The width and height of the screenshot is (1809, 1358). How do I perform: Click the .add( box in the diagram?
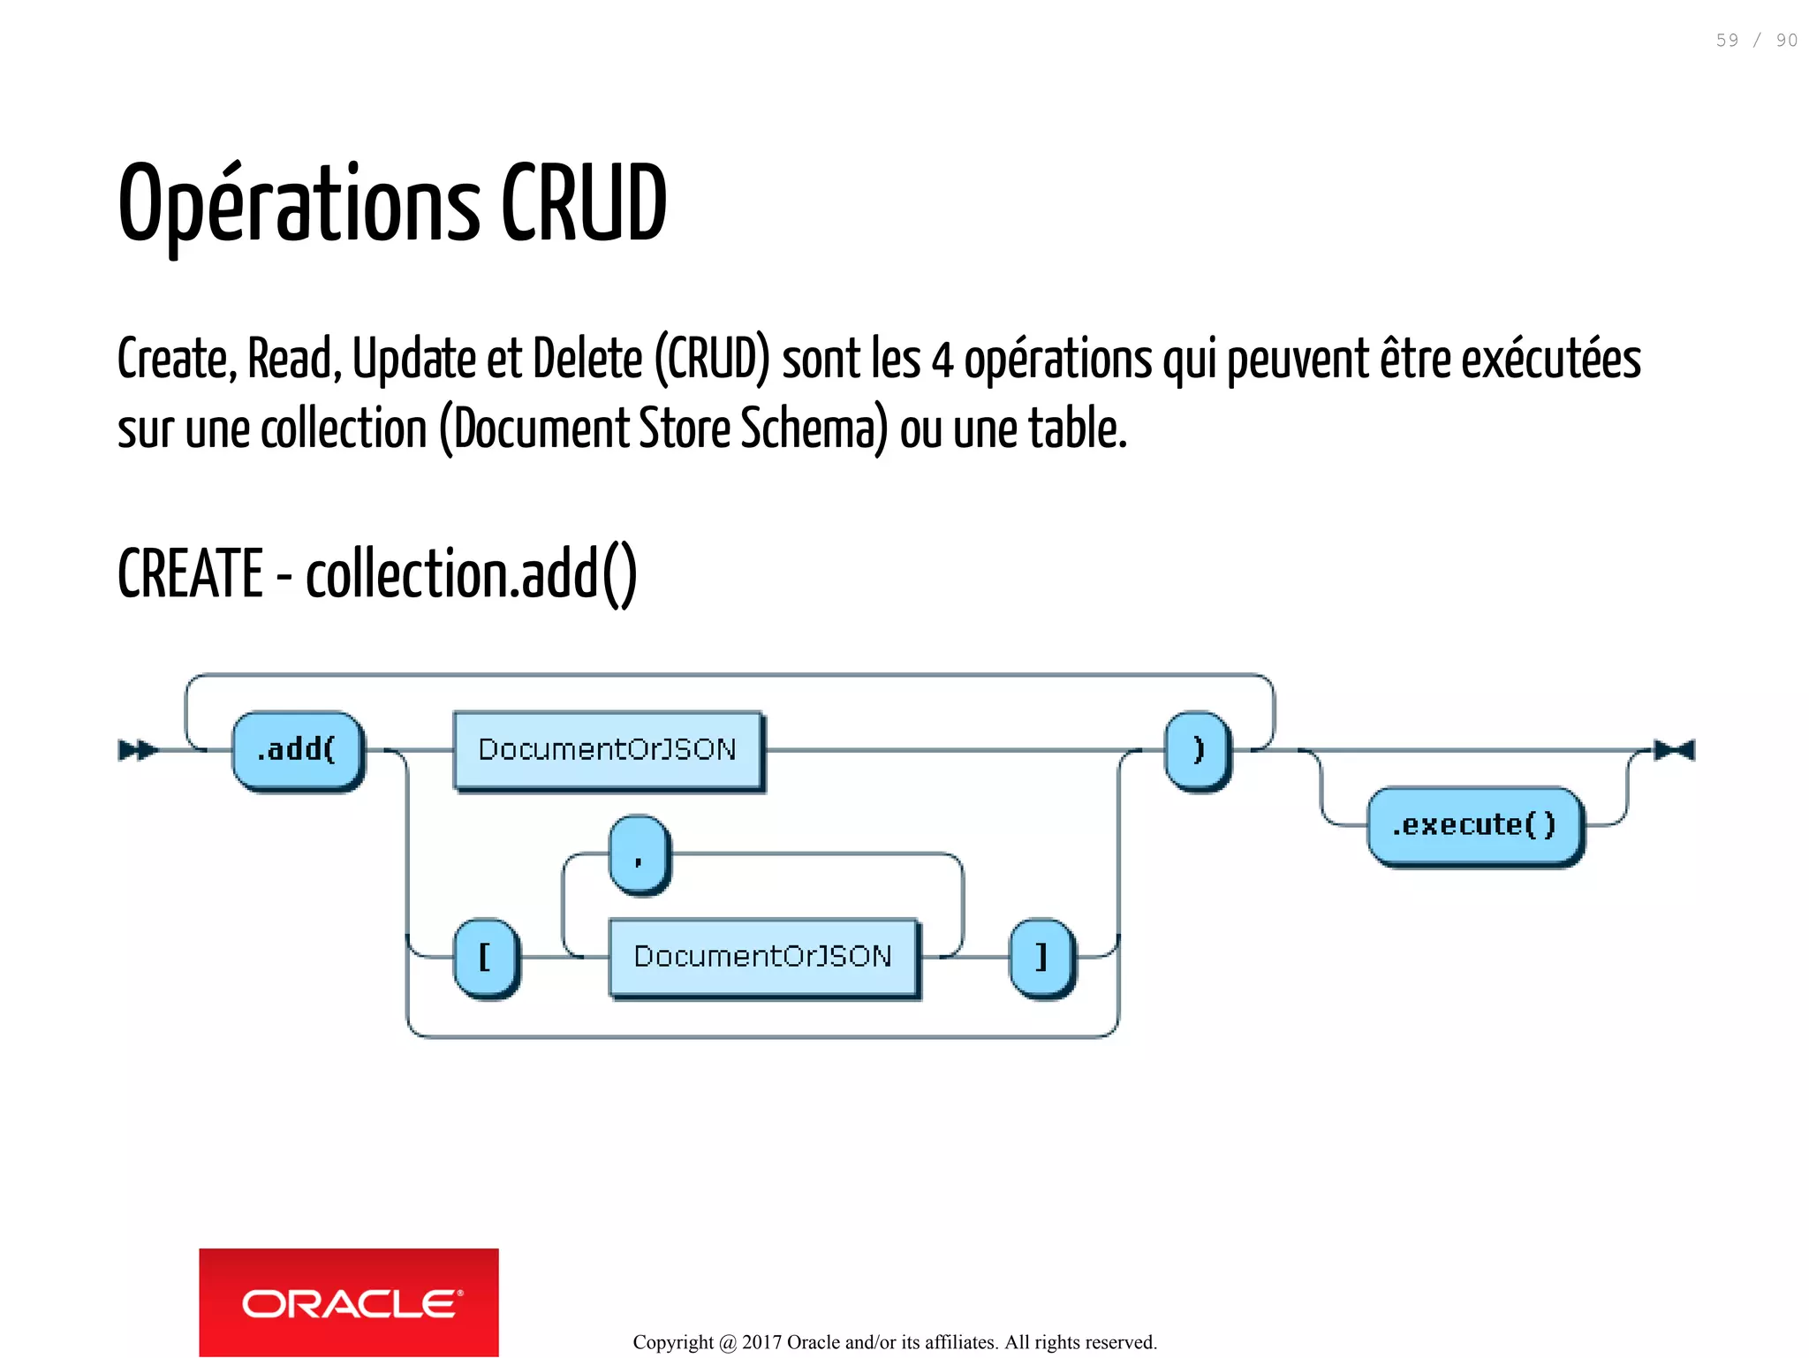coord(298,750)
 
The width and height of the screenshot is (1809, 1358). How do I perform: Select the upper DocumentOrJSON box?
coord(608,750)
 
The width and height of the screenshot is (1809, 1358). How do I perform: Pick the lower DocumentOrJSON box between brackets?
coord(763,957)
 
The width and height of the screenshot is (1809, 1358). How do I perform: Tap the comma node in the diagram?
coord(640,854)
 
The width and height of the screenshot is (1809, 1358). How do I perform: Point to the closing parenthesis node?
coord(1198,750)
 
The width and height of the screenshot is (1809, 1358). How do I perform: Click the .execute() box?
coord(1474,825)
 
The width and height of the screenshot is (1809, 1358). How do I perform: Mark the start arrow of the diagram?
coord(138,750)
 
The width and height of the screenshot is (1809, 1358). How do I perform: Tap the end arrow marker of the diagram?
coord(1675,750)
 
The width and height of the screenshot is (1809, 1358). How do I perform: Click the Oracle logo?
coord(349,1302)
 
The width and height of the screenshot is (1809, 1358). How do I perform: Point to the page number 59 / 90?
coord(1756,41)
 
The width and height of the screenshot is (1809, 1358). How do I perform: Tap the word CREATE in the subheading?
coord(190,573)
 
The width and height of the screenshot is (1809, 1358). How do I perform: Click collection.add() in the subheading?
coord(471,573)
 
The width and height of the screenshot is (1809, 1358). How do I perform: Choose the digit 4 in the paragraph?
coord(942,360)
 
